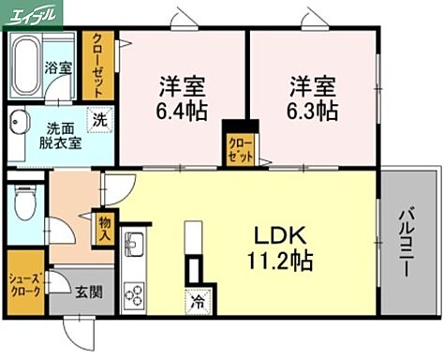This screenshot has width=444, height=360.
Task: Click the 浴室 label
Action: click(x=58, y=67)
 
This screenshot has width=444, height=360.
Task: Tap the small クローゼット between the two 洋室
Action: click(x=240, y=146)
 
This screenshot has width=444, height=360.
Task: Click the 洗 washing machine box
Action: click(x=97, y=120)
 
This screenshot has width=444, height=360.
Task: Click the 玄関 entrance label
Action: click(x=90, y=292)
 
